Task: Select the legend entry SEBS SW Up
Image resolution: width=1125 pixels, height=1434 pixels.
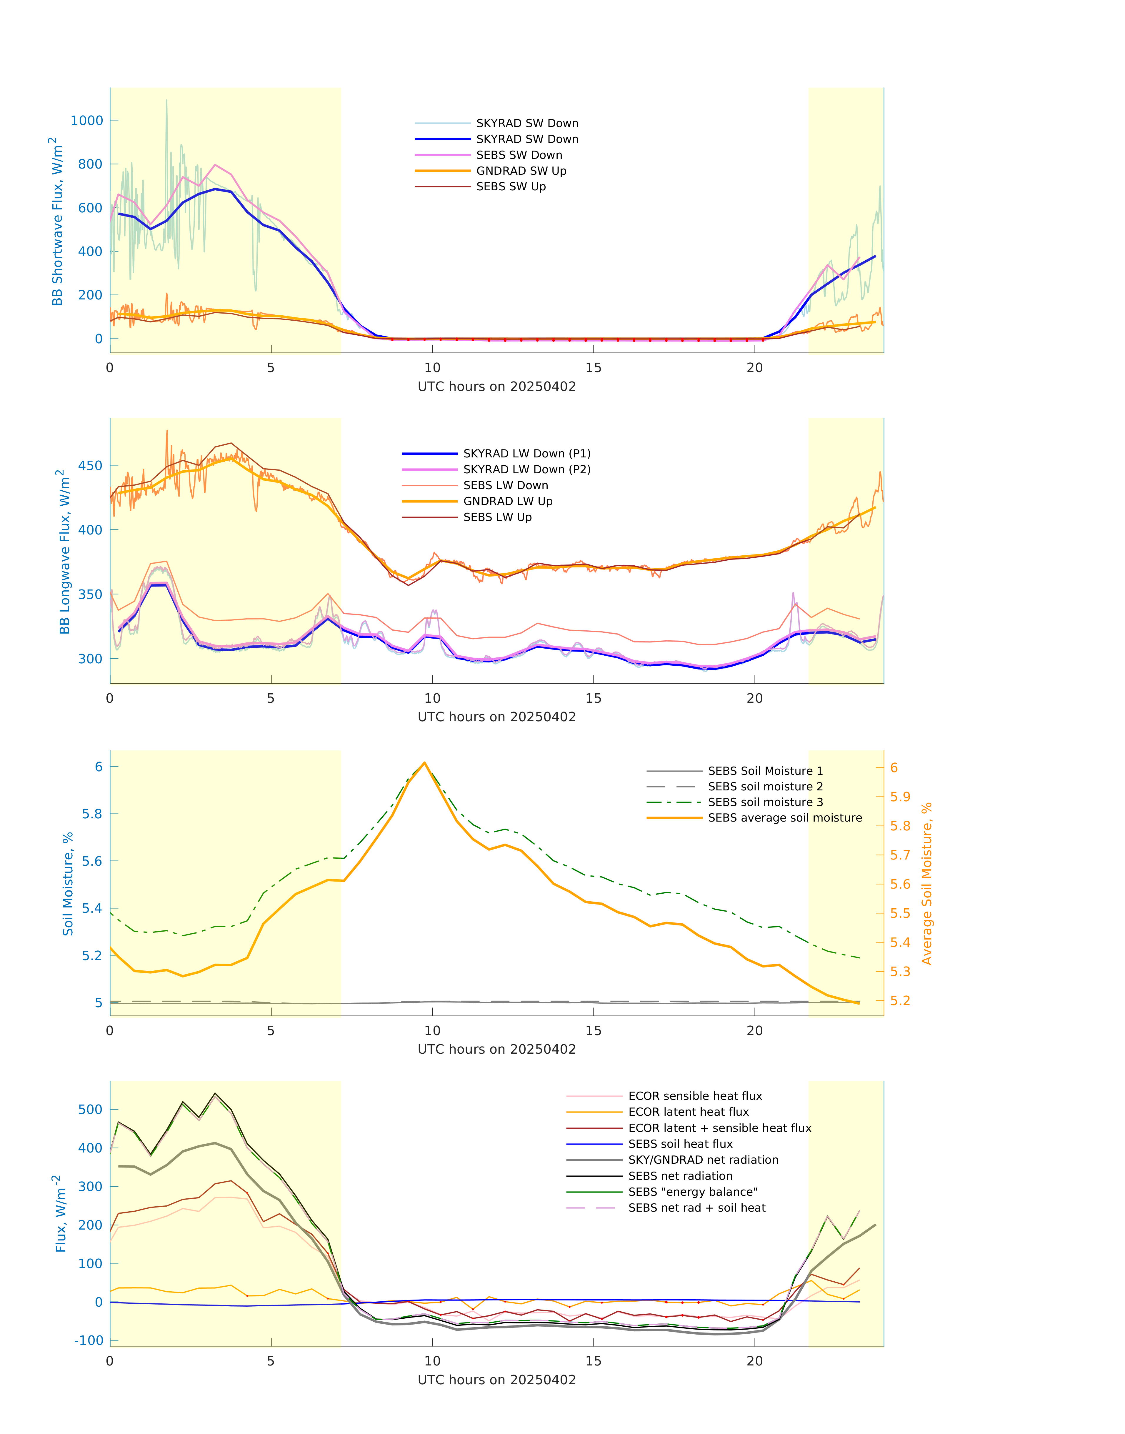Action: tap(511, 186)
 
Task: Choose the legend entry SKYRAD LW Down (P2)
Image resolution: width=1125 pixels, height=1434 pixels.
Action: tap(526, 469)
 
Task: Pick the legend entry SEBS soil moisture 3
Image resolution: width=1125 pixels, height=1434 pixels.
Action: tap(765, 802)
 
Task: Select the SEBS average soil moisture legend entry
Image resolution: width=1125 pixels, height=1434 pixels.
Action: tap(784, 817)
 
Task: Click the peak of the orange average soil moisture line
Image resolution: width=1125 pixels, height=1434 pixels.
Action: tap(424, 763)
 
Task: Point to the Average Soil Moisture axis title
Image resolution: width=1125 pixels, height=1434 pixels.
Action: tap(927, 883)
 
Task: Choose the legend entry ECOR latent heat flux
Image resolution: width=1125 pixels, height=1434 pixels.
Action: tap(688, 1112)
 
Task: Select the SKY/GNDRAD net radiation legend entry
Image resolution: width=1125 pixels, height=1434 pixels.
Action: tap(703, 1160)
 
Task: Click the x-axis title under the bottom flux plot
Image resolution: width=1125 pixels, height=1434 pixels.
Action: tap(497, 1380)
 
